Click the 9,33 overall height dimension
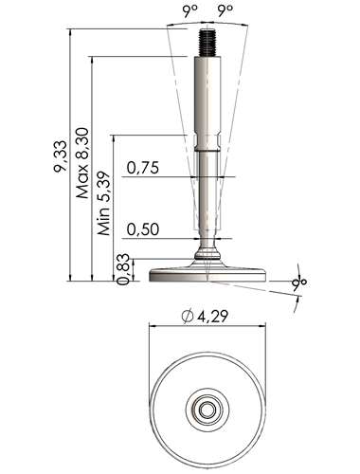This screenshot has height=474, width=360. [x=61, y=156]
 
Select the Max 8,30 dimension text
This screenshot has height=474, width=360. [x=82, y=163]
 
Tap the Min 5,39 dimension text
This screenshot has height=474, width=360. [x=104, y=204]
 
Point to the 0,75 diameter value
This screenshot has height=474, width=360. [x=143, y=168]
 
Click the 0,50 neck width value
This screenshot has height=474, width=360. [x=143, y=229]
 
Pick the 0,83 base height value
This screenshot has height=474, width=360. [x=123, y=269]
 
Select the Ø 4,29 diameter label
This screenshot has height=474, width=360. [x=205, y=317]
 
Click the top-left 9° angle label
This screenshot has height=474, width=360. [x=189, y=12]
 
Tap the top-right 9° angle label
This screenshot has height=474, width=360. [x=225, y=12]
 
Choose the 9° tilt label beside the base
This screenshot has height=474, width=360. [x=299, y=283]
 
